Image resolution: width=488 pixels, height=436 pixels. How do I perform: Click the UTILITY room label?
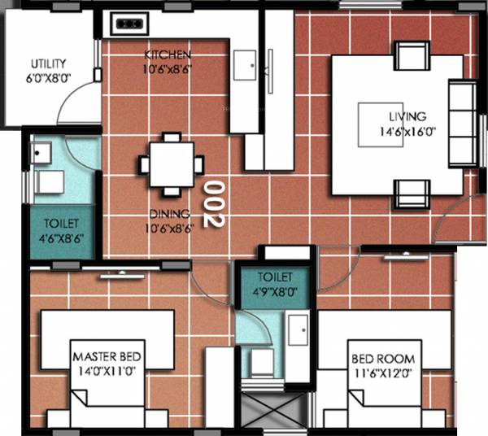coord(49,63)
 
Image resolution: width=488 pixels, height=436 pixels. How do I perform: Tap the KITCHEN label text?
coord(168,55)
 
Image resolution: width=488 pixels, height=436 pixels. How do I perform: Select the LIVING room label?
coord(407,117)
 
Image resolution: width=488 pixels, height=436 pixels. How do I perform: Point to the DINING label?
coord(169,214)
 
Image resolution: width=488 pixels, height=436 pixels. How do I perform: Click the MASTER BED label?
coord(108,357)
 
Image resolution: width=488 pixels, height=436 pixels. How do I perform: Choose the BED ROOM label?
coord(383,359)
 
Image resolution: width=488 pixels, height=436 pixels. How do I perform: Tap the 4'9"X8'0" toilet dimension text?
coord(273,289)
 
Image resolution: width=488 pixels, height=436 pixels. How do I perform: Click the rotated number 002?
coord(212,203)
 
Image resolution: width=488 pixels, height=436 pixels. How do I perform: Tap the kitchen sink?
coord(245,66)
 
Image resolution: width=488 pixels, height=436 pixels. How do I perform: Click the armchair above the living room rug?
coord(410,55)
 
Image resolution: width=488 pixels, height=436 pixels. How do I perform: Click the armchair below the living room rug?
coord(410,194)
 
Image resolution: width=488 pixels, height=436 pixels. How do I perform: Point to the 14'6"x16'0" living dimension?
coord(407,131)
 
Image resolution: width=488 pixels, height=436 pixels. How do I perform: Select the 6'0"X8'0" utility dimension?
coord(49,78)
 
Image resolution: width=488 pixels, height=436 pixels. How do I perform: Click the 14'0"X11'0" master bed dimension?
coord(108,371)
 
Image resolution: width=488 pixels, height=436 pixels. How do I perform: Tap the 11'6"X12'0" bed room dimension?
coord(383,373)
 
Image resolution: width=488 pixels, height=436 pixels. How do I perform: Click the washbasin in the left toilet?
coord(41,152)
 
